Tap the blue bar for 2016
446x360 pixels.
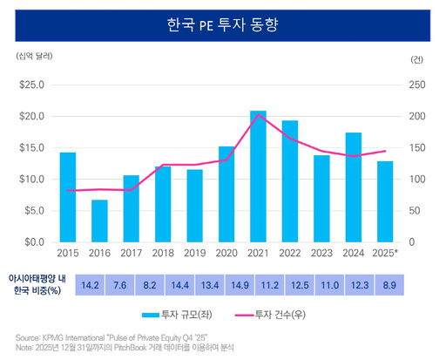click(99, 221)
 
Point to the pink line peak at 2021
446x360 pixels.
click(258, 115)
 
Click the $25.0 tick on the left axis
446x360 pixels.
click(32, 85)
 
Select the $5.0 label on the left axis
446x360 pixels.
click(35, 210)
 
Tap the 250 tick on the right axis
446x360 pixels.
click(417, 85)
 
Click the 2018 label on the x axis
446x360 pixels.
click(163, 253)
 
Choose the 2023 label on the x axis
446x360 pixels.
click(321, 253)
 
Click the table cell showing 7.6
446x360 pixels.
click(122, 284)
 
